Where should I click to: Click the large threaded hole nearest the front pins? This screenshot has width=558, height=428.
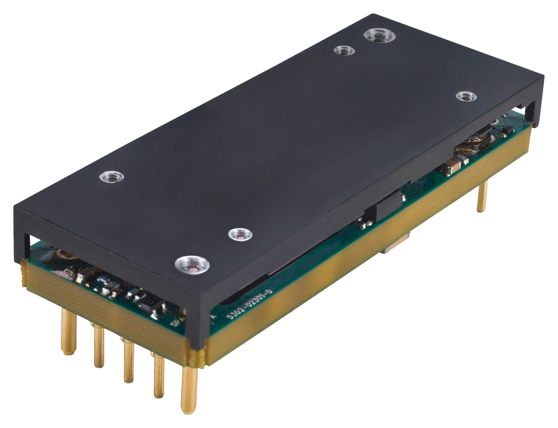point(192,265)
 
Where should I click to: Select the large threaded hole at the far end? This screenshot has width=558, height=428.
point(380,36)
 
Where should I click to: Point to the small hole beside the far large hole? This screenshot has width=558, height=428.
point(345,51)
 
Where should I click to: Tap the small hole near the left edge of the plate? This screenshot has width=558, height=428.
point(112,177)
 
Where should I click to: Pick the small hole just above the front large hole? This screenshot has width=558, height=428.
point(240,234)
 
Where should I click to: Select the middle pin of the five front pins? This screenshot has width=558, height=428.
point(128,362)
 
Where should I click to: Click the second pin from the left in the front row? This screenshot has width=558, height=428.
point(99,346)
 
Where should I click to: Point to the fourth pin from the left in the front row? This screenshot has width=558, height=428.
point(159,376)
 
